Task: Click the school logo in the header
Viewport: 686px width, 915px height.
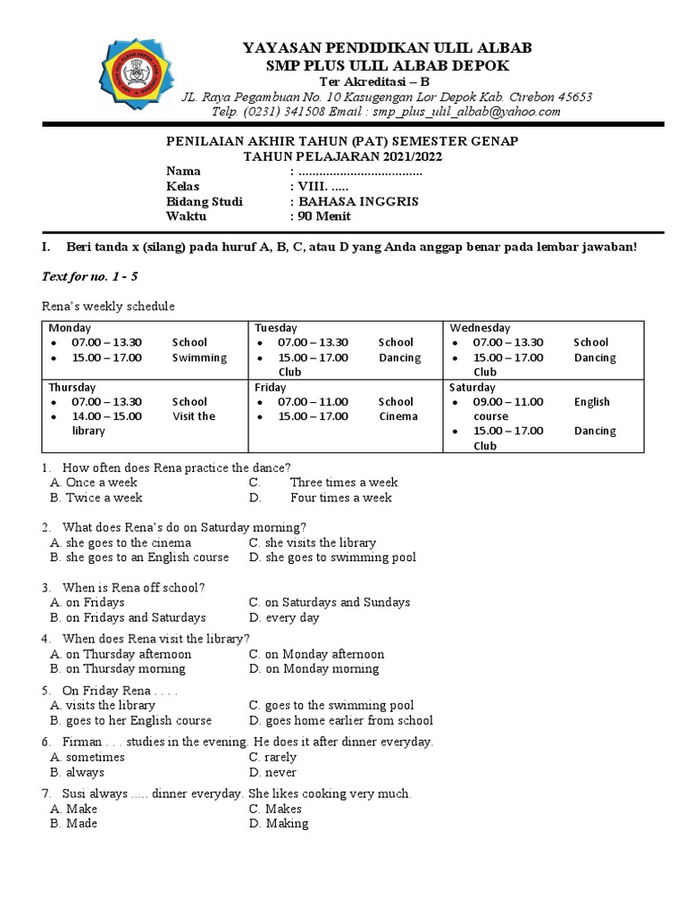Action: click(x=132, y=74)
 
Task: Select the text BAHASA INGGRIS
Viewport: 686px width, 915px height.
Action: click(x=358, y=202)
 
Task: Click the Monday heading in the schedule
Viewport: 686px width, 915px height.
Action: click(x=71, y=328)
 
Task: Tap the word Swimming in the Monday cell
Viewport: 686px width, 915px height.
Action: click(x=199, y=357)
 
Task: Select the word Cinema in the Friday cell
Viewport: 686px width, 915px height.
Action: click(x=397, y=416)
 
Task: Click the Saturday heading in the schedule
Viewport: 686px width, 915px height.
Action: click(x=472, y=388)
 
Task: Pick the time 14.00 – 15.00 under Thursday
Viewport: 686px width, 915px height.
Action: click(x=106, y=416)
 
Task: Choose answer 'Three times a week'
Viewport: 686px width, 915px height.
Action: click(x=344, y=483)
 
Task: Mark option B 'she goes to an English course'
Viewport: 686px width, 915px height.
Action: click(x=146, y=558)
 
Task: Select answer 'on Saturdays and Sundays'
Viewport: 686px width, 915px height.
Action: click(x=337, y=602)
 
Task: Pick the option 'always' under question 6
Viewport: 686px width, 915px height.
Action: click(x=85, y=772)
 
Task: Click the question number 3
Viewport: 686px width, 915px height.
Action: click(x=46, y=587)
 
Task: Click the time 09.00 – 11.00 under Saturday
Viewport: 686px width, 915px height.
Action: click(x=507, y=402)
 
